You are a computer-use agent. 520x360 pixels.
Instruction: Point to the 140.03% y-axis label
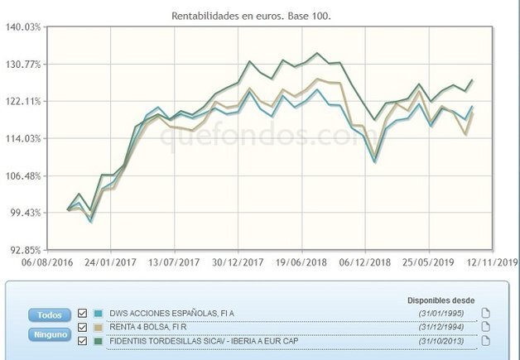(23, 27)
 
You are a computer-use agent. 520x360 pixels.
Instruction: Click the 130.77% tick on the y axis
(23, 65)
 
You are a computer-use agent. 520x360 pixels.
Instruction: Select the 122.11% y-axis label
(23, 101)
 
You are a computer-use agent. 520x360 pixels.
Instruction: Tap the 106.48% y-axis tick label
(23, 176)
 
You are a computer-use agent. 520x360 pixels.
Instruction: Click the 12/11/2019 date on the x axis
(492, 262)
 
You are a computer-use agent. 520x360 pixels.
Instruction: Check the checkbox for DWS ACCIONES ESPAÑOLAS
(82, 314)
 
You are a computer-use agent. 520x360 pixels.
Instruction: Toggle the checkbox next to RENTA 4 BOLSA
(82, 327)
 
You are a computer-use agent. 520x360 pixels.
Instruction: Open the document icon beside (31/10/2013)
(486, 340)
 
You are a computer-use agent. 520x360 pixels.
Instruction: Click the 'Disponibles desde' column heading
(440, 300)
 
